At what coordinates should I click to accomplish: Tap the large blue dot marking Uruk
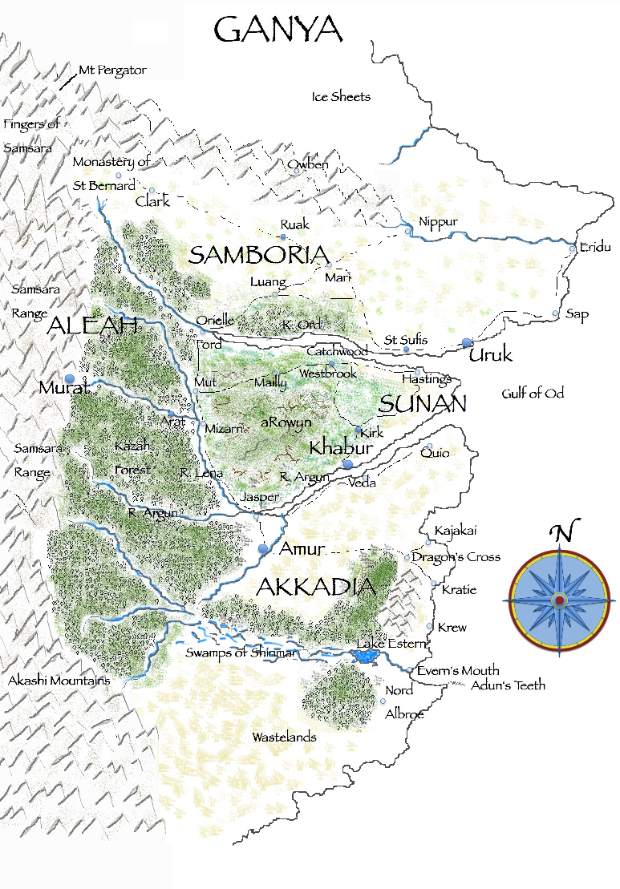[x=468, y=343]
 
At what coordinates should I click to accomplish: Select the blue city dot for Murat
[x=70, y=378]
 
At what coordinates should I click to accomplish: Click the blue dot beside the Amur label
[x=263, y=548]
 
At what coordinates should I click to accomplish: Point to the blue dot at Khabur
[x=347, y=464]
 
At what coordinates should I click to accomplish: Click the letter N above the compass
[x=565, y=532]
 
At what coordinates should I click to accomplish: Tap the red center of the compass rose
[x=559, y=600]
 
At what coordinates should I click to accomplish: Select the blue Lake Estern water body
[x=366, y=657]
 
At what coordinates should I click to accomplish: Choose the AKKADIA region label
[x=315, y=587]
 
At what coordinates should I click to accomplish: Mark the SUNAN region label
[x=422, y=404]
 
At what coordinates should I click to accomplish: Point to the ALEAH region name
[x=94, y=325]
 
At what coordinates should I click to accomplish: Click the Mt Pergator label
[x=112, y=71]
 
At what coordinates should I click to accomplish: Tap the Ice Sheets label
[x=341, y=97]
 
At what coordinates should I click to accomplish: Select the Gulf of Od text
[x=533, y=393]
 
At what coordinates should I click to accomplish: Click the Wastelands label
[x=284, y=737]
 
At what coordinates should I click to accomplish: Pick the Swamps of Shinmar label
[x=241, y=653]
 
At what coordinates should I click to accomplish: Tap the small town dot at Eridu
[x=572, y=249]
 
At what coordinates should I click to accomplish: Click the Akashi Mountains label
[x=59, y=681]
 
